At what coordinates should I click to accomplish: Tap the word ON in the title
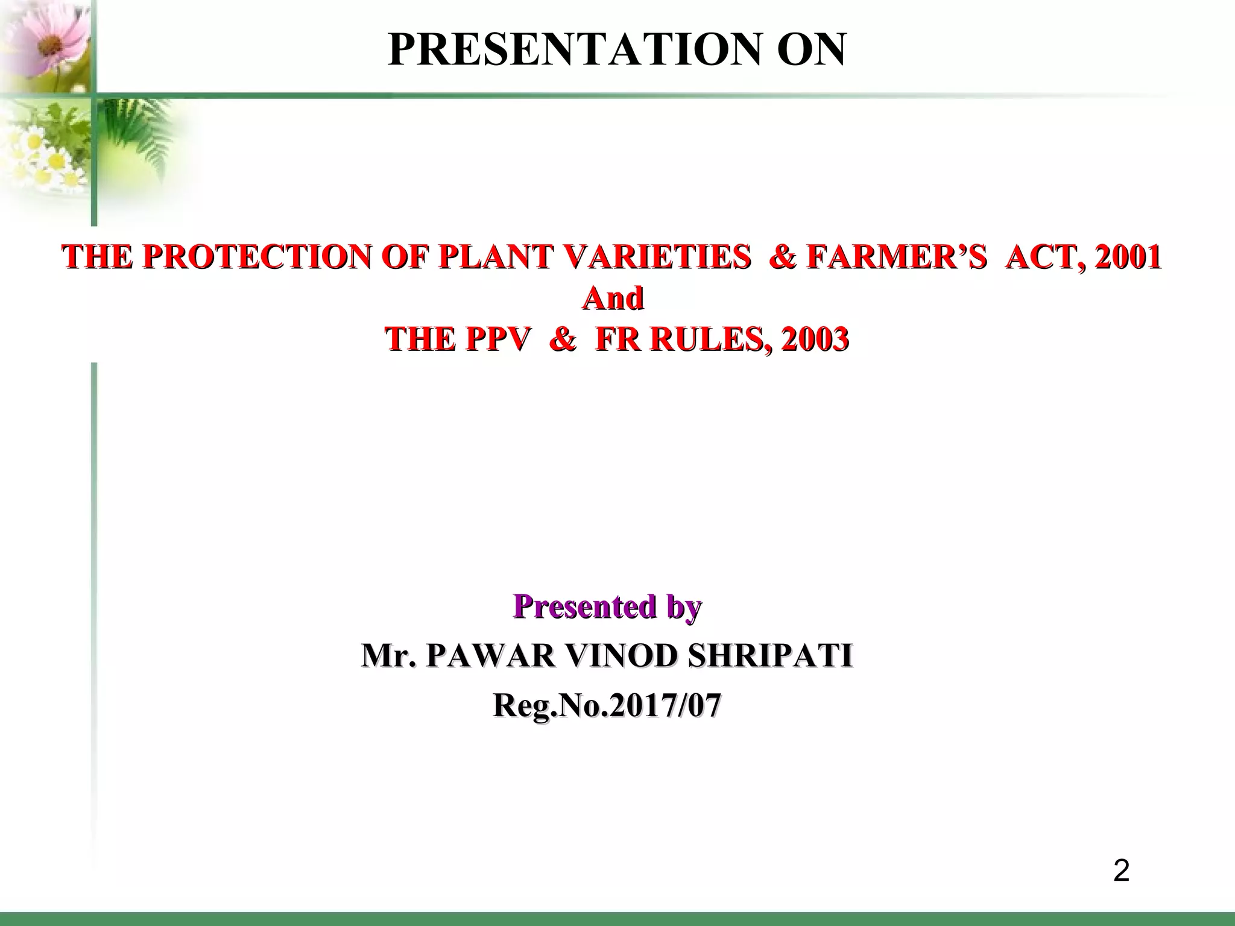click(811, 50)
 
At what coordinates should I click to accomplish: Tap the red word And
click(613, 298)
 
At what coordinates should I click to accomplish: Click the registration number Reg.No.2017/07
click(607, 705)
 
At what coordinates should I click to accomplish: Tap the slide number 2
click(1121, 871)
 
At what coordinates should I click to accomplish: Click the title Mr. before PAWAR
click(388, 655)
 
